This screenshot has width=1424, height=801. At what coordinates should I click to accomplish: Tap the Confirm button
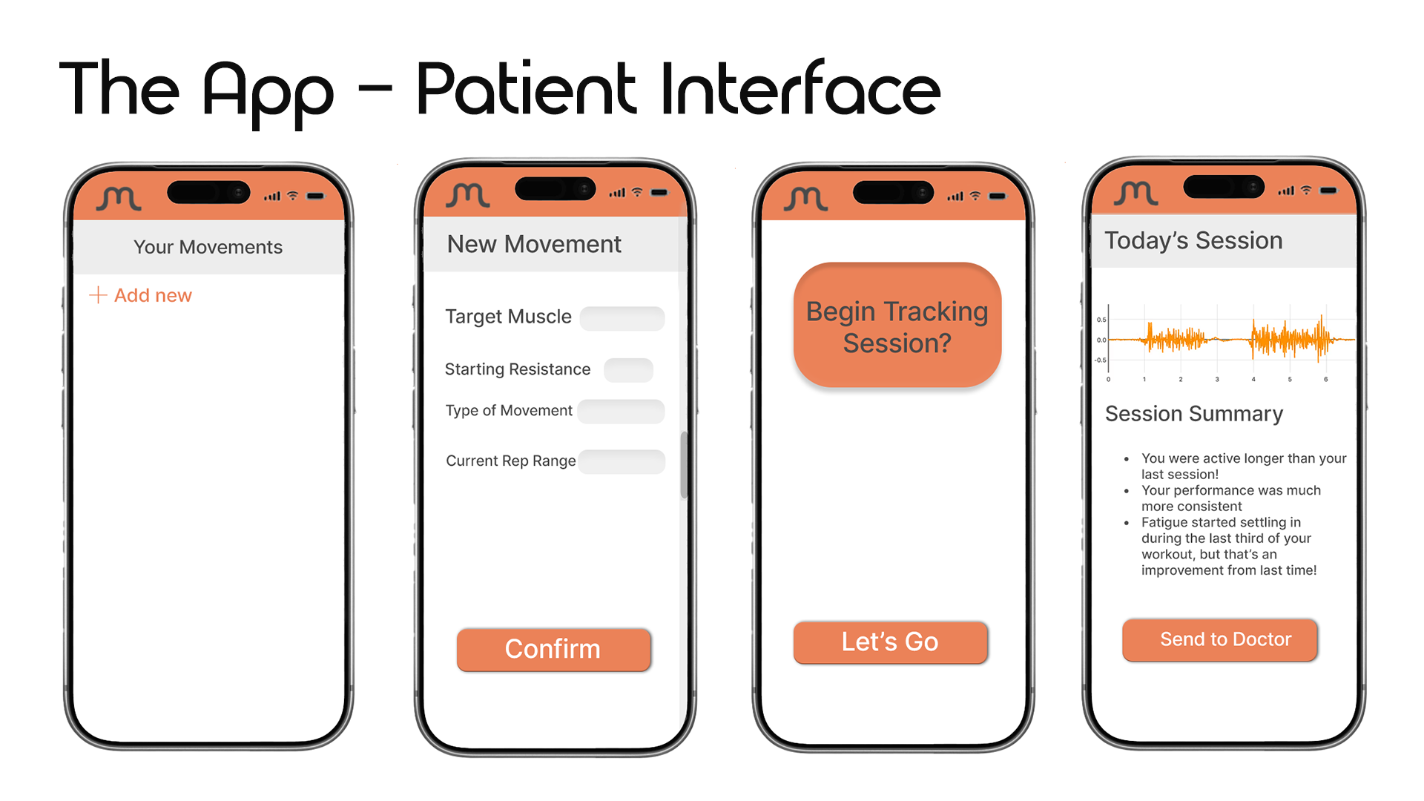(x=553, y=650)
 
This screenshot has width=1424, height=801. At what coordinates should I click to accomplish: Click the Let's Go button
(x=890, y=642)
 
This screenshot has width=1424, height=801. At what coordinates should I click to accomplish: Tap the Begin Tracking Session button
(x=897, y=326)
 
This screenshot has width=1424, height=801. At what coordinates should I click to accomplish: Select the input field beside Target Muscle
(x=622, y=318)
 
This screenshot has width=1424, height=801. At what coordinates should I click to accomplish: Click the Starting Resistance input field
(x=628, y=370)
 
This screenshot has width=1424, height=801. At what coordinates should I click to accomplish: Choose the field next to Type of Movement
(x=621, y=412)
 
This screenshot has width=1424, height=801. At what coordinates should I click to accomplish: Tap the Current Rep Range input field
(x=622, y=461)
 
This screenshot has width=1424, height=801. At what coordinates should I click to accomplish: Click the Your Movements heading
(x=208, y=247)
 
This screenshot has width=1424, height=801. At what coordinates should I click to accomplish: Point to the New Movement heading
(x=534, y=244)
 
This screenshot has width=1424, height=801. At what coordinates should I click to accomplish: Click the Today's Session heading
(x=1193, y=240)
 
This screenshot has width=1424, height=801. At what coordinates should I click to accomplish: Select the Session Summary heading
(x=1193, y=414)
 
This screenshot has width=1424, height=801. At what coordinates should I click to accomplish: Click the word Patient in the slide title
(x=525, y=90)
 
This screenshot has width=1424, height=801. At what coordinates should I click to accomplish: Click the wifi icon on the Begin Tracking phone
(x=975, y=196)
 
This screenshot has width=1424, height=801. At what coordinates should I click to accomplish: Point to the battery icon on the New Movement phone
(x=659, y=193)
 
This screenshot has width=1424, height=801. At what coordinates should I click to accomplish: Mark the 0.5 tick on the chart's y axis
(x=1101, y=320)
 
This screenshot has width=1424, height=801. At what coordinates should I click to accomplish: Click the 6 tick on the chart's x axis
(x=1326, y=380)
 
